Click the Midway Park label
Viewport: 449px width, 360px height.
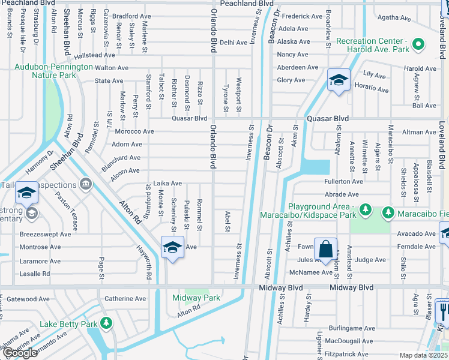pyautogui.click(x=196, y=298)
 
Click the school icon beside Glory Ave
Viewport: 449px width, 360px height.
pyautogui.click(x=339, y=80)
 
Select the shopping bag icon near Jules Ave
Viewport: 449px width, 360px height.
pyautogui.click(x=325, y=249)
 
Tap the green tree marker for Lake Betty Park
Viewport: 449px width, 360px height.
pyautogui.click(x=106, y=324)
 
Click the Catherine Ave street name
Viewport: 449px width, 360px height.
pyautogui.click(x=125, y=298)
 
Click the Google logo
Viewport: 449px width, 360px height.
pyautogui.click(x=20, y=353)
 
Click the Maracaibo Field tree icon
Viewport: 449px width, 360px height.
pyautogui.click(x=388, y=212)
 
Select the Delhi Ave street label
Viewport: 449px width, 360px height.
pyautogui.click(x=234, y=43)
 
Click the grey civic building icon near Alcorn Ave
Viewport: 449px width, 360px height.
pyautogui.click(x=85, y=182)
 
